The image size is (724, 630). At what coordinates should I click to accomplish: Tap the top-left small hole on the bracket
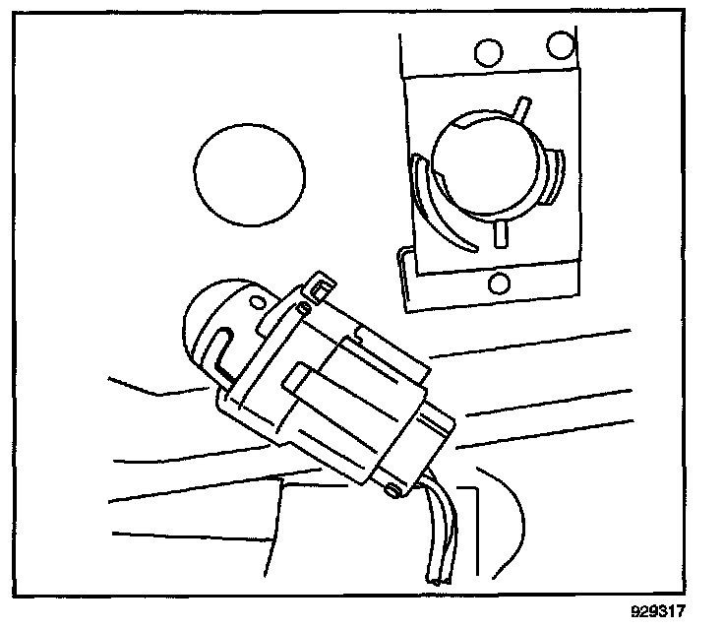pyautogui.click(x=484, y=51)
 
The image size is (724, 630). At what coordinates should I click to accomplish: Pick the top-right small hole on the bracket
pyautogui.click(x=561, y=44)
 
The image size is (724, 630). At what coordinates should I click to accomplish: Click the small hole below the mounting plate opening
pyautogui.click(x=499, y=283)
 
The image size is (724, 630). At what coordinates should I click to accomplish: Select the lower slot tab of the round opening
pyautogui.click(x=500, y=233)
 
